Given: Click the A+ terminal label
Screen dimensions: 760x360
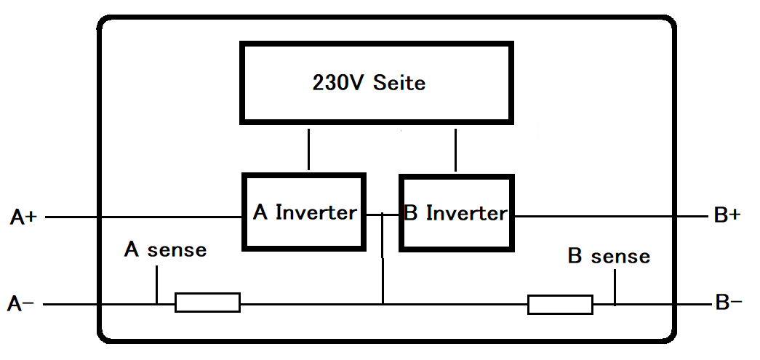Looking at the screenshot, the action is pyautogui.click(x=23, y=217).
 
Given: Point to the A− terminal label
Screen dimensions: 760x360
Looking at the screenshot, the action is pyautogui.click(x=20, y=304).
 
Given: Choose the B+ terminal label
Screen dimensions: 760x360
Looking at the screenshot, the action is pyautogui.click(x=727, y=215).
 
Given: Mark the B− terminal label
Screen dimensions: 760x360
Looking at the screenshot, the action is pyautogui.click(x=729, y=303).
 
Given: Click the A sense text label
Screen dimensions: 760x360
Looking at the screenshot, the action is pyautogui.click(x=165, y=249).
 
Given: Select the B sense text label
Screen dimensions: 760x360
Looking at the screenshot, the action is pyautogui.click(x=609, y=256).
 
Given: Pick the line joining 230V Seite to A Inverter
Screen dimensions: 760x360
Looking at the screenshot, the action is pyautogui.click(x=309, y=149).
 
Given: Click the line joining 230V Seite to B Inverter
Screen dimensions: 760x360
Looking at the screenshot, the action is pyautogui.click(x=455, y=150).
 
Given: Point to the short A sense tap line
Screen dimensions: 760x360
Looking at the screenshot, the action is pyautogui.click(x=156, y=284).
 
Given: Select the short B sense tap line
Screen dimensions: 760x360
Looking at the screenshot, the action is pyautogui.click(x=615, y=287).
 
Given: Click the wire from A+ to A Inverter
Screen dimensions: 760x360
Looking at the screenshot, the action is pyautogui.click(x=143, y=217).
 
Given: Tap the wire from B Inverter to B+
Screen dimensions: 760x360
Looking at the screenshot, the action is pyautogui.click(x=611, y=216).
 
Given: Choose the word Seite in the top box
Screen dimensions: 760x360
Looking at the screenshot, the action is pyautogui.click(x=399, y=83).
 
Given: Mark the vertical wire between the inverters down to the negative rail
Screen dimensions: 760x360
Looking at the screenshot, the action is pyautogui.click(x=383, y=258).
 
